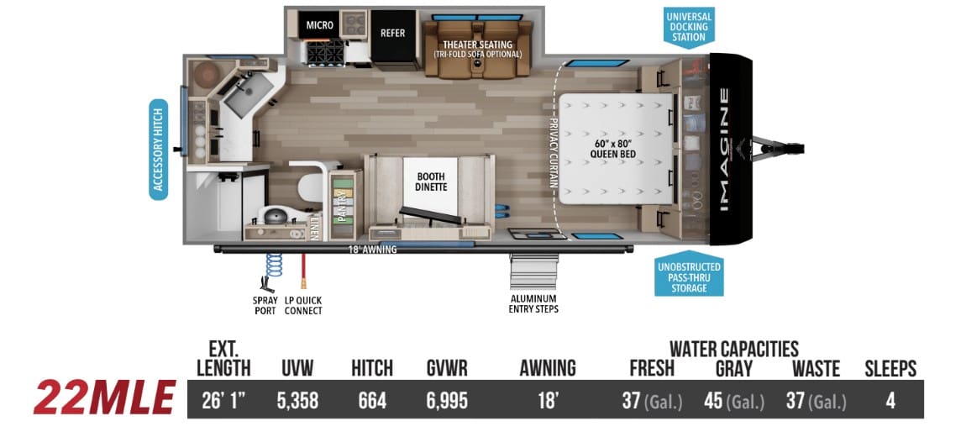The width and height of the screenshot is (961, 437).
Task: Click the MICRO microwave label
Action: point(320,25)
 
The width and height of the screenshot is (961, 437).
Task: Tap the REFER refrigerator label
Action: point(393,33)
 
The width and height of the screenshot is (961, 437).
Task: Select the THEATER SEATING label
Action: point(477,45)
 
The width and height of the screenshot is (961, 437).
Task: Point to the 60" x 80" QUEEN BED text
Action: point(613,148)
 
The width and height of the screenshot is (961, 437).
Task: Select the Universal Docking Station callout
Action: point(689,27)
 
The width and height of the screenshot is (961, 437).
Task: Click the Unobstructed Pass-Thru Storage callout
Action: point(689,274)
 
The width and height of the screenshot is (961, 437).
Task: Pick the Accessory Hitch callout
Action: point(158,150)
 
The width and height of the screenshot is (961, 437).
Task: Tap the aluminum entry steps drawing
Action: point(533,271)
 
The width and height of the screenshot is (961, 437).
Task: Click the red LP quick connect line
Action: point(302,271)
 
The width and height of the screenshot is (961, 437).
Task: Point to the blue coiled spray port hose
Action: point(274,265)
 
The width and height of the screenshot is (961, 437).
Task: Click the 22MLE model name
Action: point(104,398)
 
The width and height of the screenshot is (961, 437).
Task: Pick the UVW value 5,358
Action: point(297,401)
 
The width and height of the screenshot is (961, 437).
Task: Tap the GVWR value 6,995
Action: point(447,401)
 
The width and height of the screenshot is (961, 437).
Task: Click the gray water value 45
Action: point(713,401)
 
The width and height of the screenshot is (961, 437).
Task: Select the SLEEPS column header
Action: point(890,368)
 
